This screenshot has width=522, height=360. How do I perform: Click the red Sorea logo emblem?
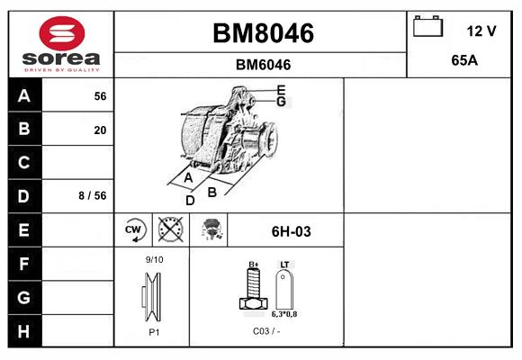[62, 33]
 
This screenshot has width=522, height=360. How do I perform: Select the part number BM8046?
[263, 33]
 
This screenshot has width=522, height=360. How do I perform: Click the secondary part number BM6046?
[263, 65]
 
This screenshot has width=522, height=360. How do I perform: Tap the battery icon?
[427, 26]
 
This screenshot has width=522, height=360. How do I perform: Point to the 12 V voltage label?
[481, 31]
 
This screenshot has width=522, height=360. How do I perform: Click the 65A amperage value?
[464, 60]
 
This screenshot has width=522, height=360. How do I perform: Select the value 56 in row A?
[100, 96]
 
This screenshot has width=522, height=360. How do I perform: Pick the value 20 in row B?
[100, 130]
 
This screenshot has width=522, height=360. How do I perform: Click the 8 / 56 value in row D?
[93, 195]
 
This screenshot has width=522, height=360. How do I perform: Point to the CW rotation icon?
[133, 229]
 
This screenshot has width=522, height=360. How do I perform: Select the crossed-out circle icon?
[171, 229]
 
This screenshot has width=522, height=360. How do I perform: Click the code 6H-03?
[292, 231]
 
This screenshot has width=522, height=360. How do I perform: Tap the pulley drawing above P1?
[152, 297]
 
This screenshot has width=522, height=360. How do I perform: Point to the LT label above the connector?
[284, 265]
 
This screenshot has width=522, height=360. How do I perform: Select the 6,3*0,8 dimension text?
[284, 314]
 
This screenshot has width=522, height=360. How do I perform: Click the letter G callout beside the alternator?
[282, 101]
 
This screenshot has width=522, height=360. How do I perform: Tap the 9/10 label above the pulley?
[154, 259]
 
